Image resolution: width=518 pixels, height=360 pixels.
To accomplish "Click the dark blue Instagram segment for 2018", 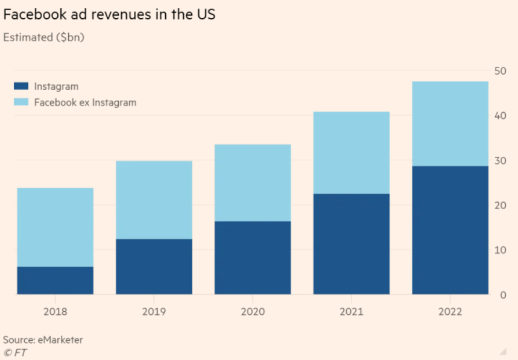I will pyautogui.click(x=55, y=280).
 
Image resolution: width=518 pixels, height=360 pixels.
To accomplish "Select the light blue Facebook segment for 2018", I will pyautogui.click(x=55, y=227).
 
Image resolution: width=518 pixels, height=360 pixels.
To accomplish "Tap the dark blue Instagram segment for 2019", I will pyautogui.click(x=154, y=267).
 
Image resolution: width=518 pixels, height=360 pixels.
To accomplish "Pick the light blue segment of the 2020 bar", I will pyautogui.click(x=253, y=183).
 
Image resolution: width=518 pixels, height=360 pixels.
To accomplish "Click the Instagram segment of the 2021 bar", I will pyautogui.click(x=352, y=244).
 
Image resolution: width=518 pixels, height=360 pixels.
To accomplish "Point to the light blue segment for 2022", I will pyautogui.click(x=450, y=124).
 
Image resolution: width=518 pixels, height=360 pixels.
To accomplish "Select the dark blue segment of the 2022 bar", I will pyautogui.click(x=450, y=230).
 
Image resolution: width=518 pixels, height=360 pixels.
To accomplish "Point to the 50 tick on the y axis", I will pyautogui.click(x=499, y=71).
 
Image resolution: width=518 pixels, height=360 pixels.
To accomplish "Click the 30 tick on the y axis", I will pyautogui.click(x=499, y=160).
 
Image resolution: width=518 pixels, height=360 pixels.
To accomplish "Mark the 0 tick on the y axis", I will pyautogui.click(x=502, y=294).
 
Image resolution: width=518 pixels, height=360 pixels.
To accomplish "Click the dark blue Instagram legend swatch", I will pyautogui.click(x=21, y=87).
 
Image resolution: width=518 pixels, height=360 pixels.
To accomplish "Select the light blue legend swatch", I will pyautogui.click(x=21, y=103).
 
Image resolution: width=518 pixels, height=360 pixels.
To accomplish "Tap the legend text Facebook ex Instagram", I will pyautogui.click(x=85, y=103).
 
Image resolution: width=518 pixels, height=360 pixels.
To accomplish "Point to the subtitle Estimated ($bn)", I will pyautogui.click(x=43, y=37).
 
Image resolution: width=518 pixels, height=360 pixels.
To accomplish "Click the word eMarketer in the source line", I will pyautogui.click(x=61, y=340).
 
